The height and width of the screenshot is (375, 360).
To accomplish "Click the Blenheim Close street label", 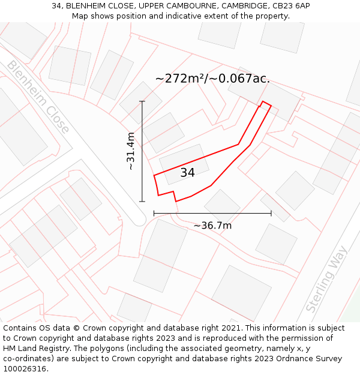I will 38,96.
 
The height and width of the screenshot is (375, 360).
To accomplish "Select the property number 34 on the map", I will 187,173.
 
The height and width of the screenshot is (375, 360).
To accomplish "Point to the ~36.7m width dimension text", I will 212,226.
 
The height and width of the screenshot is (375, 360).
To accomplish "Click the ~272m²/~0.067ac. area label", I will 212,79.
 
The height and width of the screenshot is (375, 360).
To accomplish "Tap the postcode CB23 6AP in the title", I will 290,6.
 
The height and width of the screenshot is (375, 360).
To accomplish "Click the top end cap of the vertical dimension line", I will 142,101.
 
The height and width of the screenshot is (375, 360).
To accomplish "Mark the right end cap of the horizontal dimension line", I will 271,213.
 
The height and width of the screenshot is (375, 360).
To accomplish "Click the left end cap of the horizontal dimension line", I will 154,213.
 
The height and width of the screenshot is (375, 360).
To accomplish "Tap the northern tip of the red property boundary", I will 263,102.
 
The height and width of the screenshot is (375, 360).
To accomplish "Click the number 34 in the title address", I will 57,6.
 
